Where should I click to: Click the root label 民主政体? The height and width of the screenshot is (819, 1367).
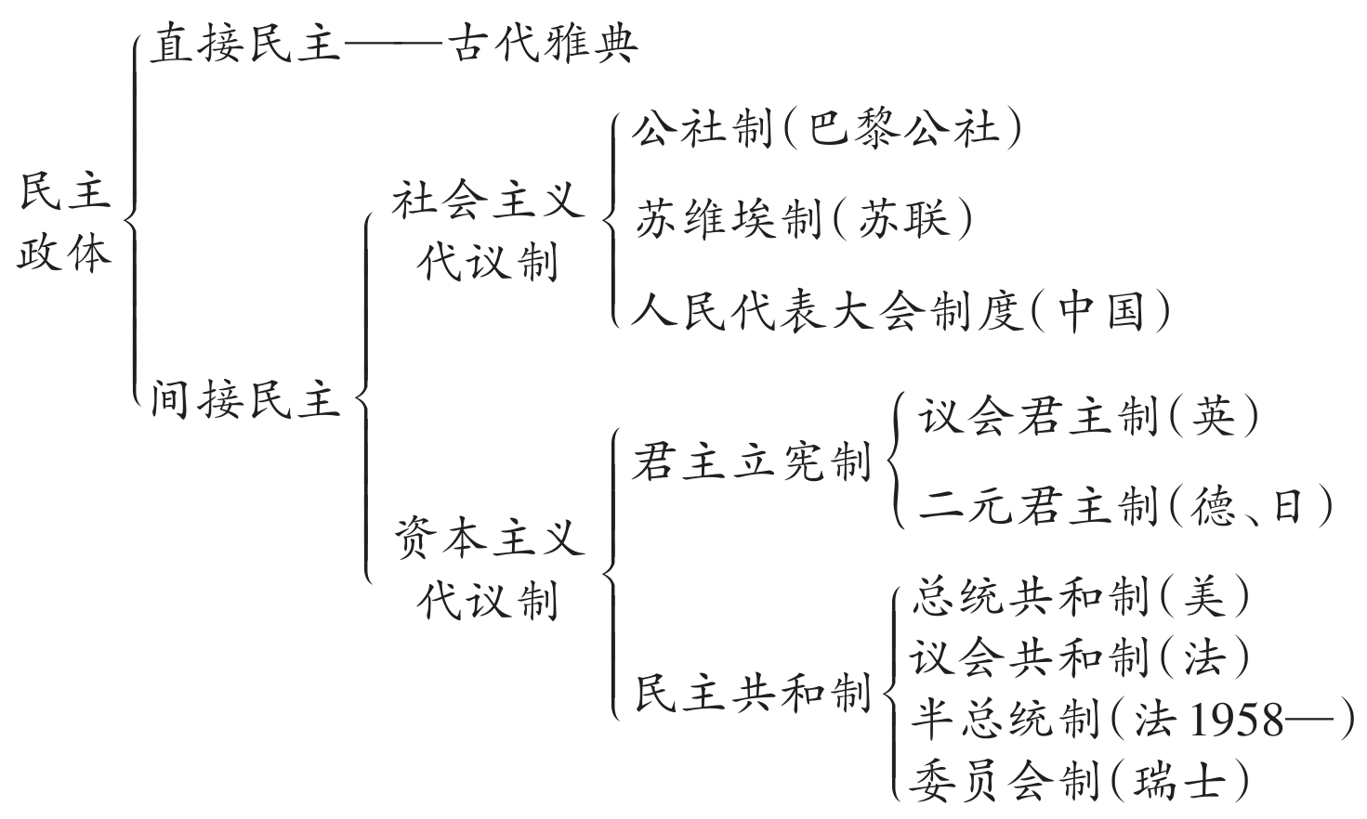tap(64, 222)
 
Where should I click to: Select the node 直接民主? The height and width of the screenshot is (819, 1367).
tap(245, 45)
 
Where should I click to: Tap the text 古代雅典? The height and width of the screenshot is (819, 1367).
tap(543, 45)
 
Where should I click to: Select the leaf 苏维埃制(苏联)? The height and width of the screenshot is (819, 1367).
tap(804, 219)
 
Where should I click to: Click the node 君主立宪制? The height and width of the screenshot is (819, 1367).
tap(751, 461)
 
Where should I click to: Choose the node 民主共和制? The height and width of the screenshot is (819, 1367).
tap(751, 692)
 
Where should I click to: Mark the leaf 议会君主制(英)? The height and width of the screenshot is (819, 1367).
tap(1088, 417)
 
